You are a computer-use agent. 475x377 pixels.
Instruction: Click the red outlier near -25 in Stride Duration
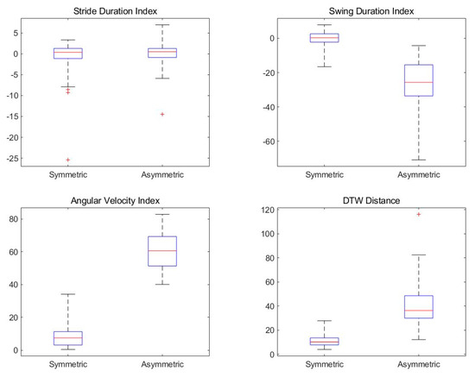pos(67,160)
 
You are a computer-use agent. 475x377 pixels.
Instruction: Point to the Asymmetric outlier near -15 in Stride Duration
pos(161,114)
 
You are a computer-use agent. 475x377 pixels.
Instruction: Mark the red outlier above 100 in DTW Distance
pos(418,213)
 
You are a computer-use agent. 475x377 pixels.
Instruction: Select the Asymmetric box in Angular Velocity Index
pos(161,251)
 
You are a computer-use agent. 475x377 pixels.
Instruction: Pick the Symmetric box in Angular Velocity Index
pos(67,338)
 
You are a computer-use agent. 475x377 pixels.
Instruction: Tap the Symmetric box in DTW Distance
pos(324,342)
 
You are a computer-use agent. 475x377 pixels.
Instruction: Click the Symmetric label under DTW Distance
pos(324,366)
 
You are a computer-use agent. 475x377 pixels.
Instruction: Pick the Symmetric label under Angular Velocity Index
pos(67,366)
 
